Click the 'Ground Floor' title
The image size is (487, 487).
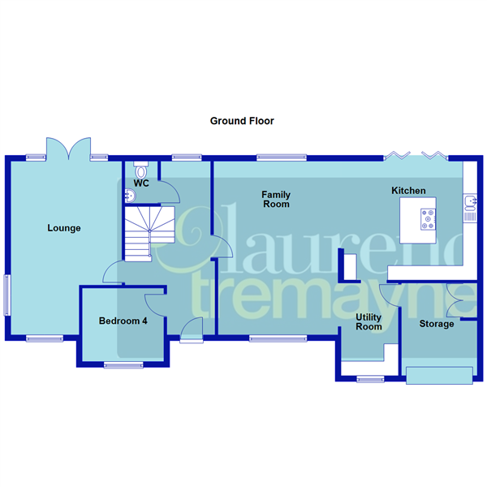coord(242,121)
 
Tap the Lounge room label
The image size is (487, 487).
coord(64,228)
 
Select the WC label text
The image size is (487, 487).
coord(141,184)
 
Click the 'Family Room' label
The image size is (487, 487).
coord(275,200)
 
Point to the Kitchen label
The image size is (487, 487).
coord(408,191)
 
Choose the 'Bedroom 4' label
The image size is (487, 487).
coord(123,321)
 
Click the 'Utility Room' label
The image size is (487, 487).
coord(369,321)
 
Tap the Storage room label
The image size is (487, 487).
coord(436,324)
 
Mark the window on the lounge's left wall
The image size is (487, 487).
coord(8,295)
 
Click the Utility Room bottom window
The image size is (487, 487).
coord(372,377)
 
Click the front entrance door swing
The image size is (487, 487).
coord(192,329)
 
